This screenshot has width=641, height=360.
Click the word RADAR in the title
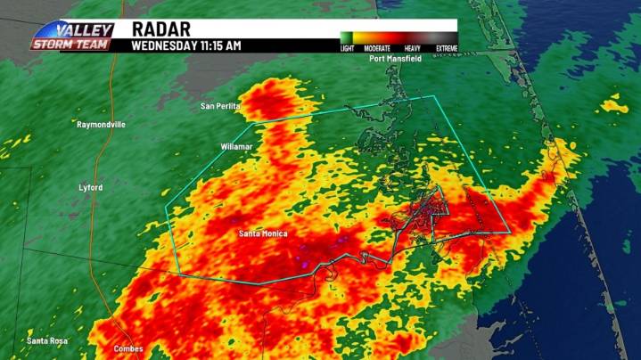[x=160, y=29]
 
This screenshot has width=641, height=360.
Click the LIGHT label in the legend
[x=347, y=48]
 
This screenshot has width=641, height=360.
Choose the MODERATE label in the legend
[x=378, y=48]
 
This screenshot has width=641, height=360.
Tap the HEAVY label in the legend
[x=412, y=48]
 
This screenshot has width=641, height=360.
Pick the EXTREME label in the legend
[x=446, y=48]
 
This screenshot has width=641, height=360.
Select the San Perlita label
[x=220, y=106]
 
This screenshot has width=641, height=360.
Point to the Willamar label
[x=237, y=144]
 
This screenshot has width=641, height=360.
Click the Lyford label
[x=90, y=188]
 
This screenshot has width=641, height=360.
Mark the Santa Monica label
[x=263, y=233]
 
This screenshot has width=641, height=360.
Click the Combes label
[x=128, y=348]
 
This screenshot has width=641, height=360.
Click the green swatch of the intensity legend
[x=347, y=38]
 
